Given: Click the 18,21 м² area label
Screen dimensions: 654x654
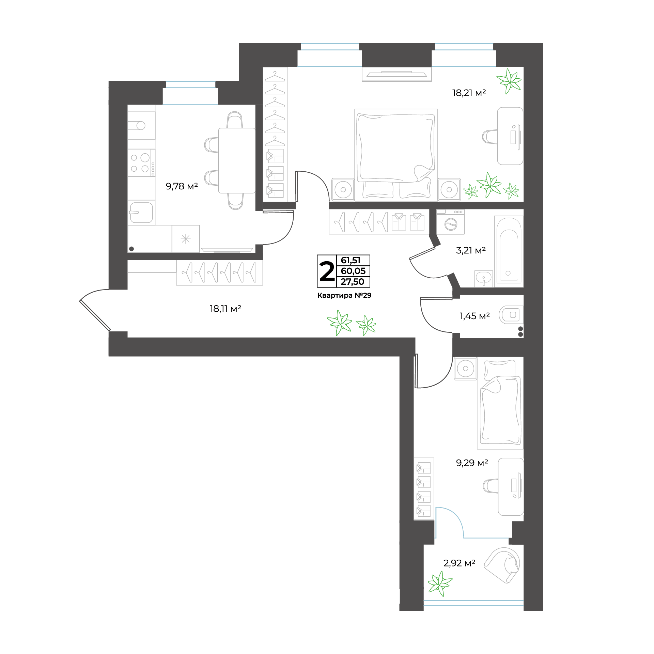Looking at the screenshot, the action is (469, 93).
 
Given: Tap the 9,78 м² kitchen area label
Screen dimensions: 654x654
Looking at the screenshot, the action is (182, 186).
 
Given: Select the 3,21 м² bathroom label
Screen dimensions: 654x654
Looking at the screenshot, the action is (471, 250).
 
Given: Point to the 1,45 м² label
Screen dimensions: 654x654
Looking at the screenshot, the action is (474, 316).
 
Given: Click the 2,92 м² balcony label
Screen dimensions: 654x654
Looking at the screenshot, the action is (459, 563).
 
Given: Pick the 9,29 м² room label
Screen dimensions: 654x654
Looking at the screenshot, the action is (472, 463).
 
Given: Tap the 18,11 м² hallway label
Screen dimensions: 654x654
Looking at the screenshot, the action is (225, 309).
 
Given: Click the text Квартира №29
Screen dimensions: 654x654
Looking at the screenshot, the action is (344, 295).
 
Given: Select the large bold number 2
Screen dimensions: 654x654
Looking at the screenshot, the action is (327, 271).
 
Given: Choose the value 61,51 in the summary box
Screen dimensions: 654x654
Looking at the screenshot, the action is (351, 260).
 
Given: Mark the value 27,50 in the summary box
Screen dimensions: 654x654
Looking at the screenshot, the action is (353, 282).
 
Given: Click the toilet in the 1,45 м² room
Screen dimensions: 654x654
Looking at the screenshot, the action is (511, 315).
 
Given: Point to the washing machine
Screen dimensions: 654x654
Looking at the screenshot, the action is (451, 222).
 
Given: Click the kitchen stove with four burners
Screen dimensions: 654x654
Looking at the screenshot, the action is (141, 163).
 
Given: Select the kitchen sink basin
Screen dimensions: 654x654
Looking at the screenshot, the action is (141, 213).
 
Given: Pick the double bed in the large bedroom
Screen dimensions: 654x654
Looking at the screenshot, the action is (396, 155).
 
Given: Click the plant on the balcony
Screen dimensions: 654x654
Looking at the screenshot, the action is (440, 583).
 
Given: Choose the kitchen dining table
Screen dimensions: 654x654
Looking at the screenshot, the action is (237, 160).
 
